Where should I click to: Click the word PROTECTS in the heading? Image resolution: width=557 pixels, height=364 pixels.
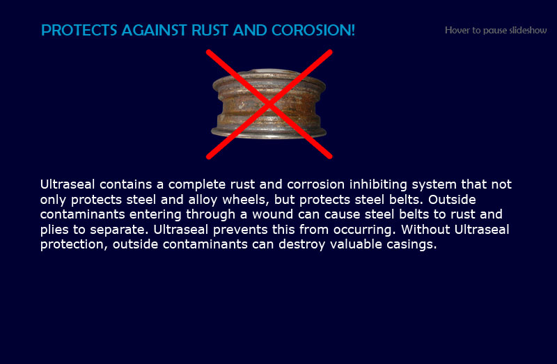(79, 30)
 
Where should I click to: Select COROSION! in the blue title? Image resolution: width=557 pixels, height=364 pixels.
(313, 30)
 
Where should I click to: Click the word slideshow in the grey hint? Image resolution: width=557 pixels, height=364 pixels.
(528, 30)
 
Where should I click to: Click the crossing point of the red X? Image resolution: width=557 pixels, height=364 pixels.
(269, 104)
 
